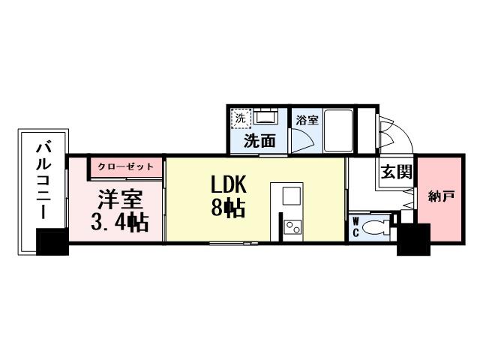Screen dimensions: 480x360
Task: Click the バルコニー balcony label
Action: tap(43, 180)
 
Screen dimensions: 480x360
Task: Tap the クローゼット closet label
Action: tap(125, 166)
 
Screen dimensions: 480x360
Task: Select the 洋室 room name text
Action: tap(121, 199)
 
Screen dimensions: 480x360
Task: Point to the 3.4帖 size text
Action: tap(120, 222)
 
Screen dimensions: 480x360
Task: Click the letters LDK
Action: tap(229, 184)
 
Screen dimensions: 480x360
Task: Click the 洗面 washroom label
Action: tap(259, 141)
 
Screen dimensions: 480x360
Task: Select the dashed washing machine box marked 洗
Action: tap(241, 118)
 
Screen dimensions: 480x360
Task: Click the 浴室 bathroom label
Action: tap(307, 120)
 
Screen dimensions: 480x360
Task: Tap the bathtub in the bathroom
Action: tap(338, 130)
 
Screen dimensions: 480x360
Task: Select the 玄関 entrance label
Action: tap(397, 172)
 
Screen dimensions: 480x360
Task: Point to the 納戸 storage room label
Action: tap(441, 196)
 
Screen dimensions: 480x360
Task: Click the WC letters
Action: tap(356, 226)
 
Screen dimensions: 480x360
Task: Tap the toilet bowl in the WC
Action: tap(375, 227)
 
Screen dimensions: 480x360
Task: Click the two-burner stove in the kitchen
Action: tap(292, 227)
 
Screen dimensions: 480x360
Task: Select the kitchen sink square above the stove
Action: tap(292, 196)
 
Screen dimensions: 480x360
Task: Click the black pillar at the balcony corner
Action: tap(52, 241)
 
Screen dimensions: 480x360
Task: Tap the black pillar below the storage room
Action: tap(413, 239)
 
